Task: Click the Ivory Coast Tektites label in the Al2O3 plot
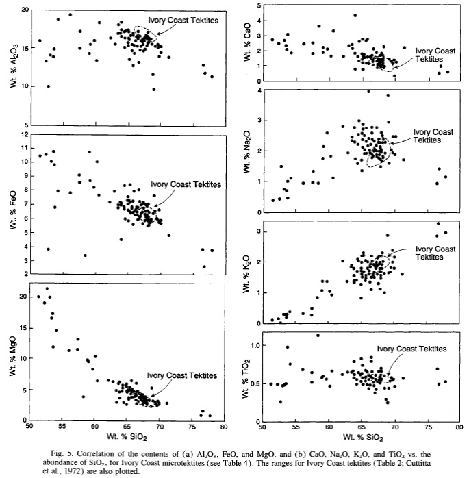point(186,21)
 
